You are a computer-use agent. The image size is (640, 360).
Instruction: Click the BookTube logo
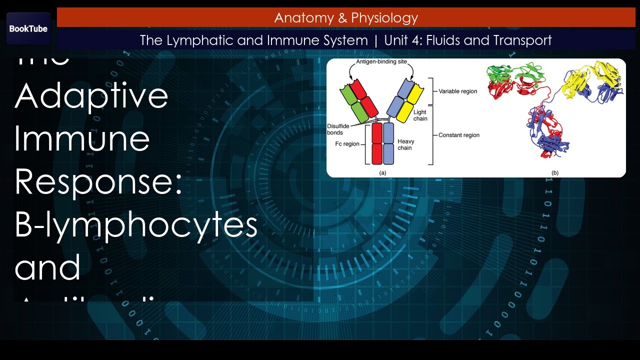tap(28, 28)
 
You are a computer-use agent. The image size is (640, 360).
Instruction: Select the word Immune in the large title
tap(82, 138)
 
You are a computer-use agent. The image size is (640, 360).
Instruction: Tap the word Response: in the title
tap(97, 181)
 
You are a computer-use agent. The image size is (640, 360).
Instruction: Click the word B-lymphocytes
tap(136, 225)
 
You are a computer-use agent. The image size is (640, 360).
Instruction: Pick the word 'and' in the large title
tap(47, 267)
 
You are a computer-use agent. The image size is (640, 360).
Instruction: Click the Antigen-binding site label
tap(381, 62)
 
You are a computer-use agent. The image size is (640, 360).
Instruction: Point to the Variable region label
tap(458, 91)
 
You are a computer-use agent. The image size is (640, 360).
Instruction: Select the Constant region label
tap(459, 135)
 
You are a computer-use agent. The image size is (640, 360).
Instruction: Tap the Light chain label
tap(420, 115)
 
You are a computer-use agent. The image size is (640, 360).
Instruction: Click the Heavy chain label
tap(405, 144)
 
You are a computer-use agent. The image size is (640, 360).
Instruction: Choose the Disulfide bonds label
tap(338, 129)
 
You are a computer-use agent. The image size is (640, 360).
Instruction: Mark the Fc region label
tap(347, 144)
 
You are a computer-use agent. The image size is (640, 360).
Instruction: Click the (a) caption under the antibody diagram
tap(382, 172)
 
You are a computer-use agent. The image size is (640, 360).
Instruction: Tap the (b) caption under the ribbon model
tap(555, 172)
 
